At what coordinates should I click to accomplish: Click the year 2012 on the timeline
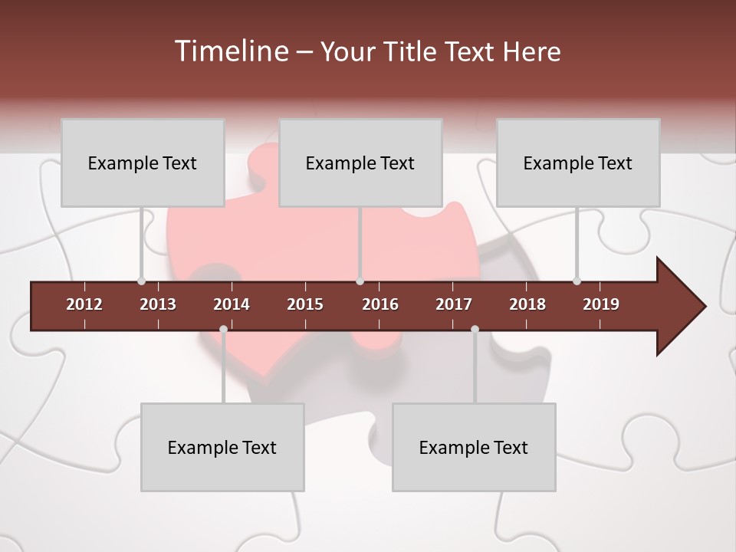(x=84, y=304)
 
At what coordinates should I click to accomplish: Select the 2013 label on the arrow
(x=158, y=304)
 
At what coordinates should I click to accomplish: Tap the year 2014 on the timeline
(x=232, y=304)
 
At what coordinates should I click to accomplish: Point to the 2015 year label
(x=305, y=304)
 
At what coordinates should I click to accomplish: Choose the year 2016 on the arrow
(x=380, y=304)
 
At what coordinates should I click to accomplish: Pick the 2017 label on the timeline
(x=454, y=304)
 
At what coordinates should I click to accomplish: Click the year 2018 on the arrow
(x=527, y=304)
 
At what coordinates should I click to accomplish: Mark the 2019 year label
(x=601, y=304)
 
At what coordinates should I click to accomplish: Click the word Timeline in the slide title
(x=229, y=51)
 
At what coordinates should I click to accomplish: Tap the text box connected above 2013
(x=143, y=163)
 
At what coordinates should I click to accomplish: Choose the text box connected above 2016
(x=360, y=163)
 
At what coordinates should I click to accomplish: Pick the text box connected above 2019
(x=578, y=163)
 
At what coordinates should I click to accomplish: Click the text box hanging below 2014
(x=222, y=447)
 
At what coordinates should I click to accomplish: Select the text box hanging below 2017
(x=474, y=447)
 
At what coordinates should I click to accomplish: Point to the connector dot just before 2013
(x=141, y=281)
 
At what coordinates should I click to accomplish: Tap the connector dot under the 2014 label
(x=223, y=329)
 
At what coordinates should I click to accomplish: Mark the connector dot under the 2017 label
(x=475, y=329)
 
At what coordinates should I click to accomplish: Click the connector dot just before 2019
(x=577, y=281)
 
